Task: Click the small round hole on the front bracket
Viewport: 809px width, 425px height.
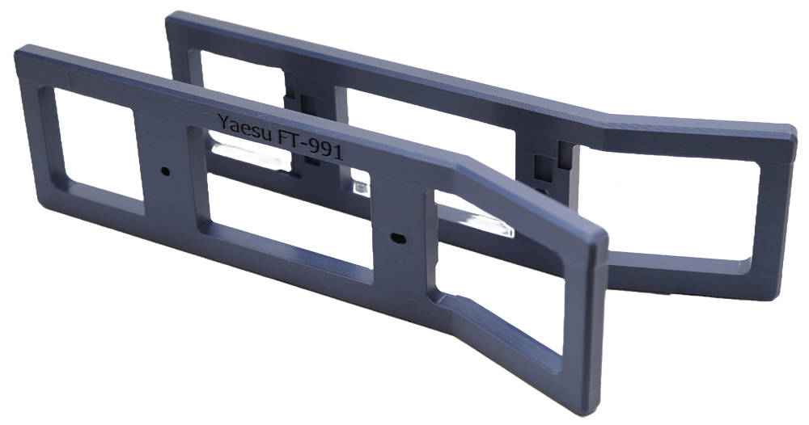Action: coord(165,170)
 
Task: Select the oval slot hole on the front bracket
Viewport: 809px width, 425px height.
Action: coord(398,238)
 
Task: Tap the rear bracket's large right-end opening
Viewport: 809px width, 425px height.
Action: coord(671,206)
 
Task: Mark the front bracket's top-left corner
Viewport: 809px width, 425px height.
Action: coord(16,49)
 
